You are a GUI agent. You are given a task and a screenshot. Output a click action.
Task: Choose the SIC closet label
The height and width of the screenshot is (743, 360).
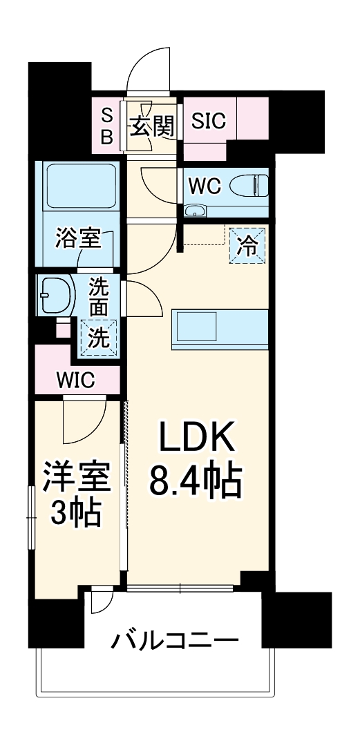pyautogui.click(x=209, y=122)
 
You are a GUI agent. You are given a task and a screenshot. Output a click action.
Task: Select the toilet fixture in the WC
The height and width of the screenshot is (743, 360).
pyautogui.click(x=248, y=185)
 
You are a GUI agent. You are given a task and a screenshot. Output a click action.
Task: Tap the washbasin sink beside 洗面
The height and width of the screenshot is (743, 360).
pyautogui.click(x=55, y=296)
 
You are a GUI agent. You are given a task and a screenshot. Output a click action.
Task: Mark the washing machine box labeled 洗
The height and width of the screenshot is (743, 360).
pyautogui.click(x=98, y=338)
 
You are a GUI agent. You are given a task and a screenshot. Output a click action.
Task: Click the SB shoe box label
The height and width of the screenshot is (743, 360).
pyautogui.click(x=106, y=126)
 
